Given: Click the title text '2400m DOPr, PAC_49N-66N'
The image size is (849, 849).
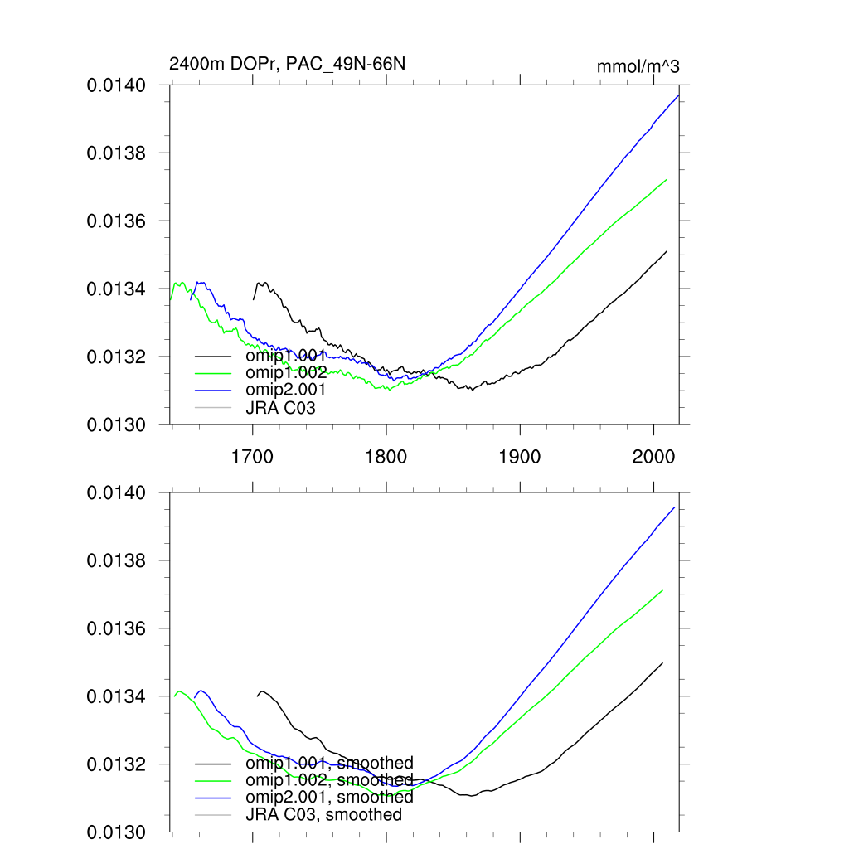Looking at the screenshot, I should point(287,64).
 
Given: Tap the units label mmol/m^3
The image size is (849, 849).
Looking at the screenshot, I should point(638,66).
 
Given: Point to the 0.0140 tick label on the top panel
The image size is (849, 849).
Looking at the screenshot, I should point(117,85).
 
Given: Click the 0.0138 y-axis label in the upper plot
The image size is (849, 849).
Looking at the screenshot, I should point(117,153).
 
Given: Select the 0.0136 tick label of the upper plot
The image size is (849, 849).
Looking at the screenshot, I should point(117,221).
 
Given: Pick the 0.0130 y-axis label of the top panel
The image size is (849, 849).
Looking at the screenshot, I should point(117,425).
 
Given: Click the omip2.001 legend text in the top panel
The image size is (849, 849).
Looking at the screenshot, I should point(285,389).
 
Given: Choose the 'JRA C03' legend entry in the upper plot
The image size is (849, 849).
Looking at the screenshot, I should point(280,407).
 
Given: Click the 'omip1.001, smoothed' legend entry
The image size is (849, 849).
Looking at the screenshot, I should point(329,763).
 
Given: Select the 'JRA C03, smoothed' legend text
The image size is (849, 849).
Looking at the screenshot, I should point(323,814).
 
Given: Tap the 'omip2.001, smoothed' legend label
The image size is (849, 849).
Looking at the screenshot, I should point(329,797).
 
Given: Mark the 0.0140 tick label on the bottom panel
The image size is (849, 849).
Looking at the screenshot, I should point(117,493).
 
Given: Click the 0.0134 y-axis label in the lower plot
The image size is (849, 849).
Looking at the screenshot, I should point(117,697).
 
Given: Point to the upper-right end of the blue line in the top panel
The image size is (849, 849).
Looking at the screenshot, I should point(678,96).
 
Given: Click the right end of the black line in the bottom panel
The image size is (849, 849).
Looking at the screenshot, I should point(663,662).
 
